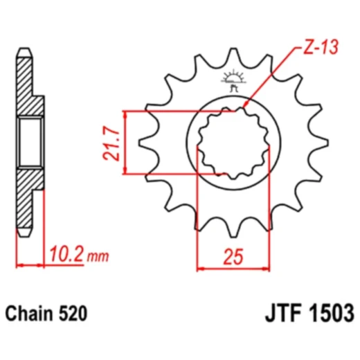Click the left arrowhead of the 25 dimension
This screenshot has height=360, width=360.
201,267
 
